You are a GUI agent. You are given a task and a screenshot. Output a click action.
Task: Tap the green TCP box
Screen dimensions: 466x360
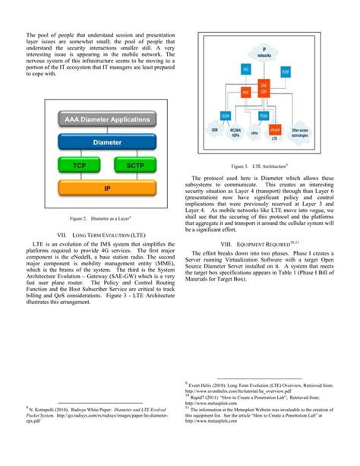(x=79, y=165)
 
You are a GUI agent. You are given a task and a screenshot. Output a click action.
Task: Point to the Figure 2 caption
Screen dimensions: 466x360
(x=101, y=219)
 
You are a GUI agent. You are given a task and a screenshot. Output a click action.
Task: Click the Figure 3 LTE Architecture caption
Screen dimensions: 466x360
(x=259, y=165)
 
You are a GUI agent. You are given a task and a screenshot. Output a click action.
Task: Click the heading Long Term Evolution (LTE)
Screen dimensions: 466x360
(x=101, y=237)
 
